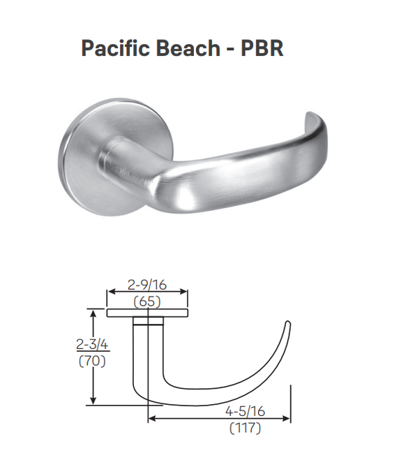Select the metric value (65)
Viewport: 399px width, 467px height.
pos(147,302)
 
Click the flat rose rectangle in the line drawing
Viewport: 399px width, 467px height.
pos(147,312)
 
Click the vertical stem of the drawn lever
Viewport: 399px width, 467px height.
pos(140,356)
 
